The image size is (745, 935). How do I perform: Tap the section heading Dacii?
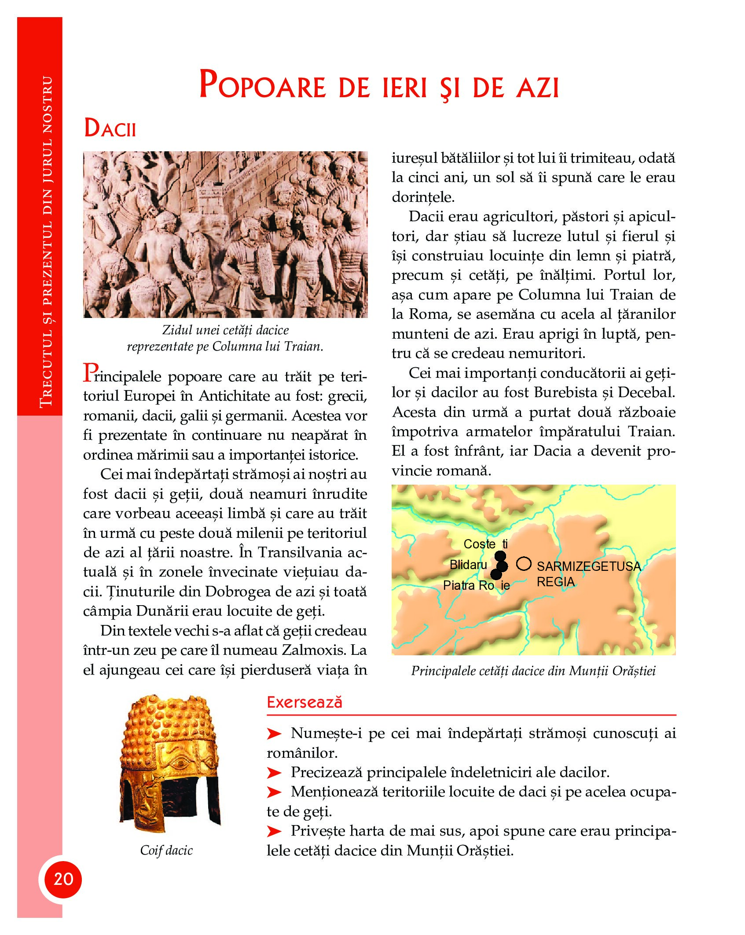110,128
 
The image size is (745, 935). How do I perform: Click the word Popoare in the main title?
262,85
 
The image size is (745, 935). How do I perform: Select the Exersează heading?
304,702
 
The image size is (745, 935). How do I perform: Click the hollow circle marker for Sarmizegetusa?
523,563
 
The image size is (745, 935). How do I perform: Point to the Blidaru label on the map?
468,565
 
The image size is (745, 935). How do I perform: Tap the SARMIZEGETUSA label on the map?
588,566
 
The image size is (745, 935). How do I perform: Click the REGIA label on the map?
555,582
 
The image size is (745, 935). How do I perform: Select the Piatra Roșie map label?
476,585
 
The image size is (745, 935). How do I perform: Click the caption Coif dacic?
166,850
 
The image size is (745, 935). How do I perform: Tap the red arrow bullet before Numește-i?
274,734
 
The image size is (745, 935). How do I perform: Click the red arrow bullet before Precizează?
274,772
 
